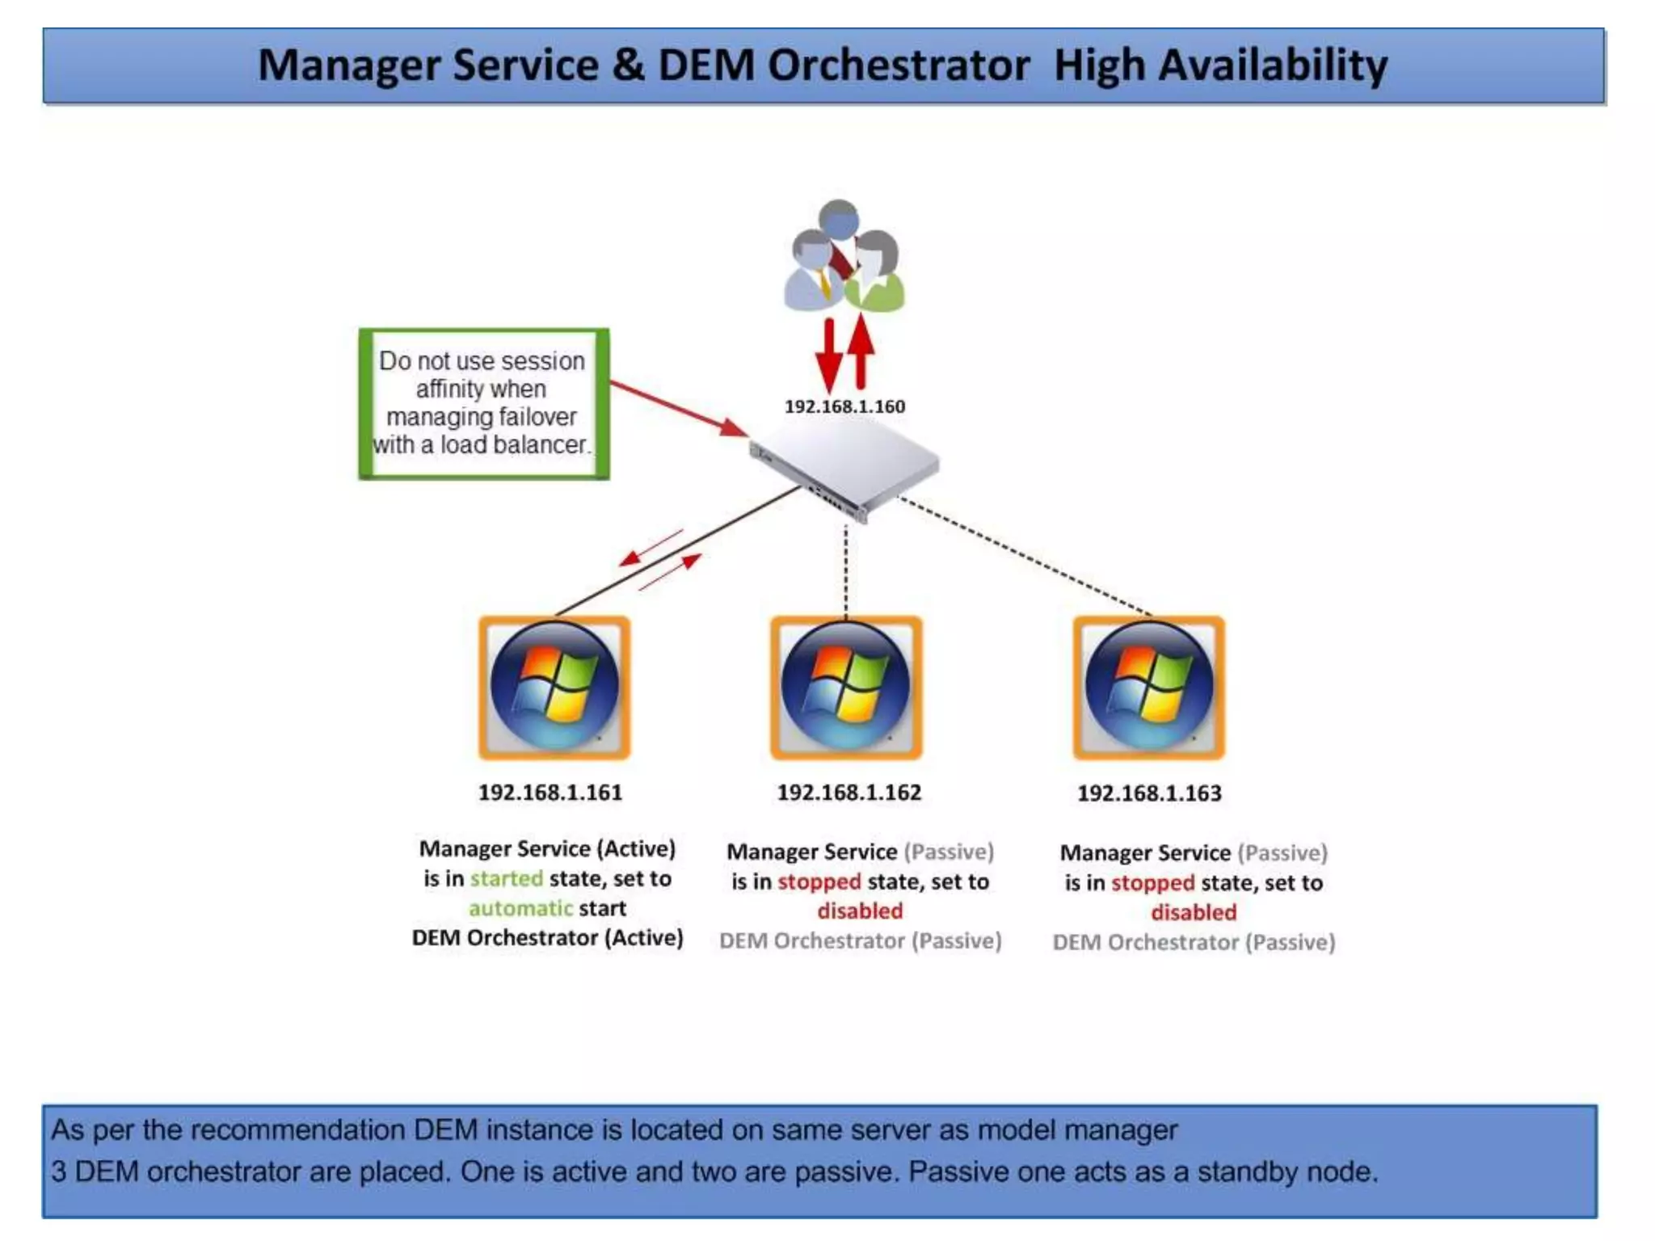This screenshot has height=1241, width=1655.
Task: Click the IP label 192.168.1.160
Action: click(x=844, y=406)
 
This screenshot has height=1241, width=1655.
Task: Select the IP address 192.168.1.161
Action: click(x=550, y=793)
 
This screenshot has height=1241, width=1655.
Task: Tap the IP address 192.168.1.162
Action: click(x=849, y=793)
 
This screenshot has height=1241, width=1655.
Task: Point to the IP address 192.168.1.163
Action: click(x=1149, y=793)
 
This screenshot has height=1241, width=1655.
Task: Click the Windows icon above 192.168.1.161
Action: click(x=554, y=688)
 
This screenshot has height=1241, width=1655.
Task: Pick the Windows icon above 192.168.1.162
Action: click(x=846, y=688)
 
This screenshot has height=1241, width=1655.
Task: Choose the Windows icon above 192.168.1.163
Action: click(x=1148, y=688)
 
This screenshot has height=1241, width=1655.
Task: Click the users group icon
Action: click(x=844, y=257)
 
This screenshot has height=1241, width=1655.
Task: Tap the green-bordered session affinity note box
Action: click(x=483, y=403)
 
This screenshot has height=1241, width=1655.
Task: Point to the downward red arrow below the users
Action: click(x=828, y=355)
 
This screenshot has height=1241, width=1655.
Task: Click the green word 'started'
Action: click(x=507, y=878)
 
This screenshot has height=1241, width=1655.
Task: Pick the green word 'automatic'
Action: click(x=520, y=908)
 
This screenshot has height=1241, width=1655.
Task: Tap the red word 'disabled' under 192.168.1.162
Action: click(x=860, y=911)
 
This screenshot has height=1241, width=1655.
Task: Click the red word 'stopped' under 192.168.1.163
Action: click(x=1152, y=882)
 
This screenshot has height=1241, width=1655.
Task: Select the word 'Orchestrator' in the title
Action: click(x=898, y=65)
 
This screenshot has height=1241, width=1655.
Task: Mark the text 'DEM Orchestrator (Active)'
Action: click(x=547, y=938)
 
